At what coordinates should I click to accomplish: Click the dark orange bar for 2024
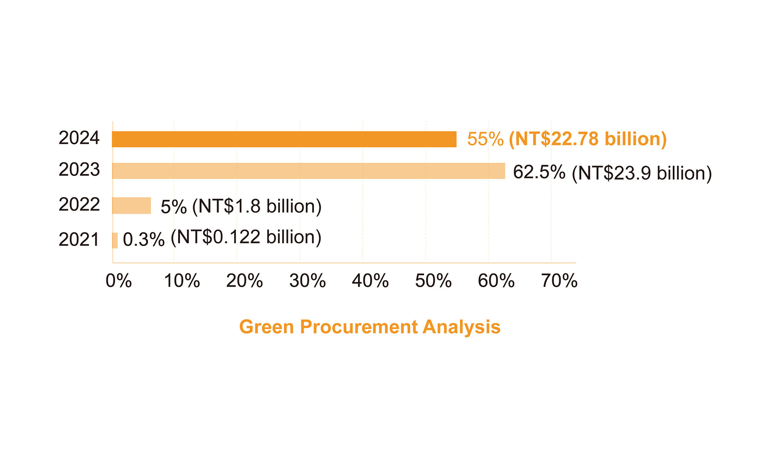point(284,139)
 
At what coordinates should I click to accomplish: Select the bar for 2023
point(308,171)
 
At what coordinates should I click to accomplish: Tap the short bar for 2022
point(131,206)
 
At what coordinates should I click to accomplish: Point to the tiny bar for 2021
point(115,240)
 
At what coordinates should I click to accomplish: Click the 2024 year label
point(79,138)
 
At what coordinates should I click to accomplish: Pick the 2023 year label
point(79,170)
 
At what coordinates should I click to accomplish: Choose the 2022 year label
point(79,204)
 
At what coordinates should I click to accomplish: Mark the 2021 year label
point(79,239)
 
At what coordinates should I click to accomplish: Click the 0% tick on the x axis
point(119,281)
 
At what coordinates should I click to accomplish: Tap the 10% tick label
point(182,281)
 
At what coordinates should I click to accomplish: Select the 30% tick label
point(308,281)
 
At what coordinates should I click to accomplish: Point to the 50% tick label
point(433,281)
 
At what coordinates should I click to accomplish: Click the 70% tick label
point(559,281)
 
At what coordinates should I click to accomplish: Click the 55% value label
point(485,139)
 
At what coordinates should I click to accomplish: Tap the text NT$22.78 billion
point(588,139)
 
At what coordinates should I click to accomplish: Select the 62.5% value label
point(539,172)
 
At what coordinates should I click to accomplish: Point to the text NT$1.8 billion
point(257,206)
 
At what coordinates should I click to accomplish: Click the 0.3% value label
point(144,240)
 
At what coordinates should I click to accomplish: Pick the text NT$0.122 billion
point(246,237)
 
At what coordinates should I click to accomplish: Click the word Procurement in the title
point(359,327)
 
